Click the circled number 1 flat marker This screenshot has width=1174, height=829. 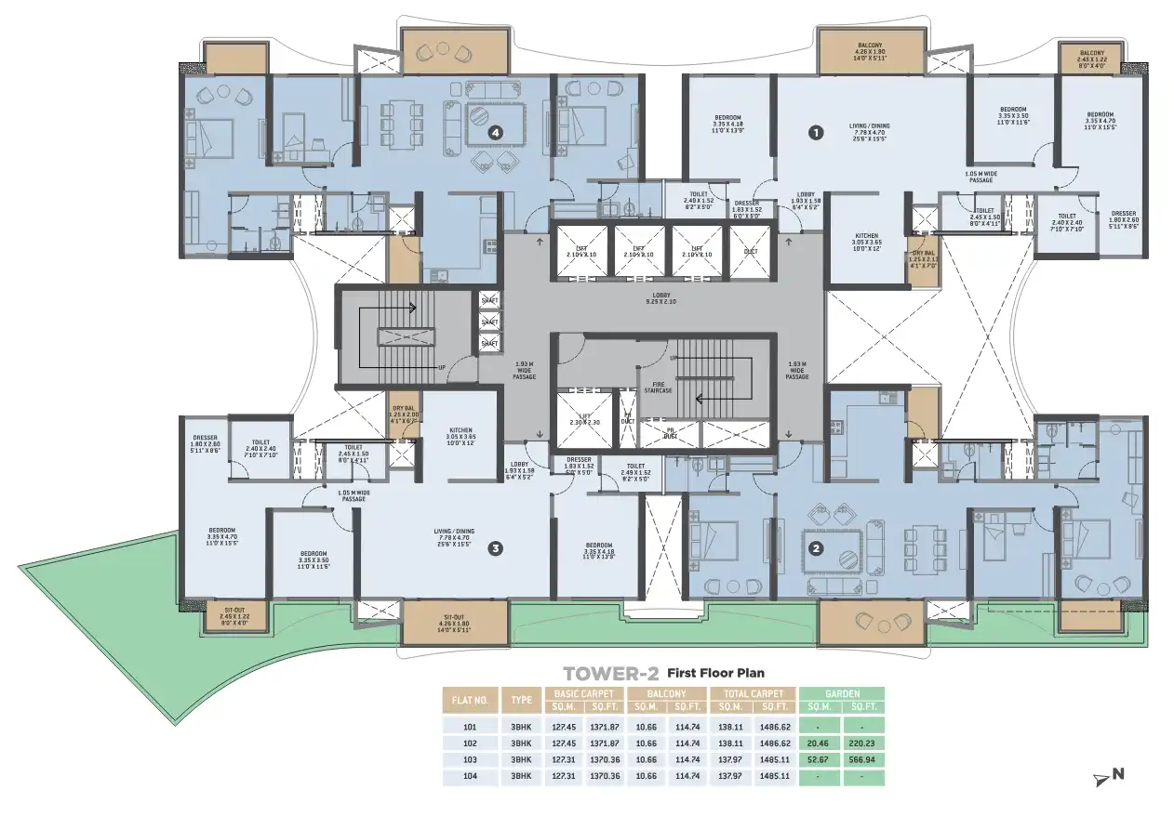coord(816,133)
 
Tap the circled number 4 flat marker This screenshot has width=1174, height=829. coord(495,133)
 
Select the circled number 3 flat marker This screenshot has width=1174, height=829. coord(496,548)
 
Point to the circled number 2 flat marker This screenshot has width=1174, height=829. coord(816,547)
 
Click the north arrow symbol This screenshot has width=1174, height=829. coord(1110,775)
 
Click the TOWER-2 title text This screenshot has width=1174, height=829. coord(611,672)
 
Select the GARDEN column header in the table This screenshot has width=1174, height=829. coord(842,693)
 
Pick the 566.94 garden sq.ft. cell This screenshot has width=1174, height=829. coord(864,759)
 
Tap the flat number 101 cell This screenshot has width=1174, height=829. coord(470,726)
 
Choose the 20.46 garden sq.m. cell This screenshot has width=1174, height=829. coord(819,743)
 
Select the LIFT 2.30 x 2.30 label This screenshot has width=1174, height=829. coord(582,420)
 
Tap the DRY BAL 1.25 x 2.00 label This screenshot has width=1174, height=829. coord(405,414)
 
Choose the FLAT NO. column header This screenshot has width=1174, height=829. coord(470,700)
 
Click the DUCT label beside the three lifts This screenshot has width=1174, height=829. coord(748,250)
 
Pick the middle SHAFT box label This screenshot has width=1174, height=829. coord(489,322)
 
